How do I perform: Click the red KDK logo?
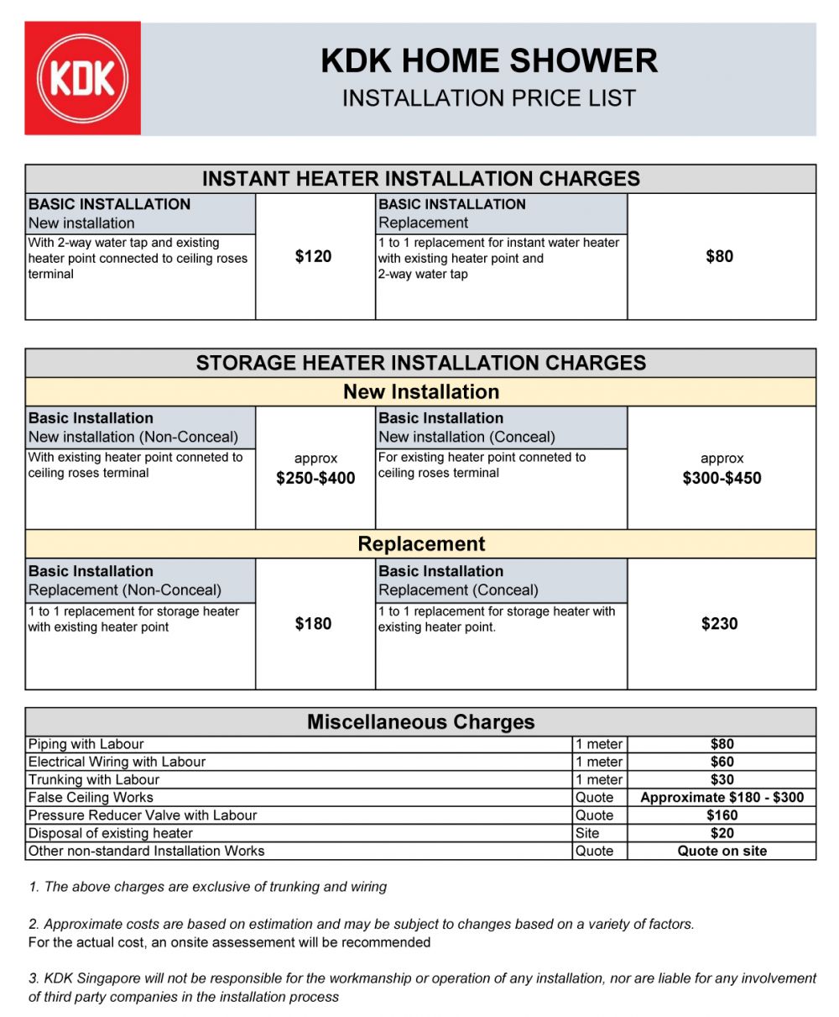pos(82,78)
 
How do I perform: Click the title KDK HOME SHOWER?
pos(488,61)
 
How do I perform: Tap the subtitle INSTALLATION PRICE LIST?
pos(488,98)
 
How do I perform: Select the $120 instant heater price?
pos(313,257)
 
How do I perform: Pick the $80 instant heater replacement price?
pos(719,257)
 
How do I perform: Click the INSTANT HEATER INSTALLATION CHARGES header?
pos(420,179)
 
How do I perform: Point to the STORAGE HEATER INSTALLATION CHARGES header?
pos(420,363)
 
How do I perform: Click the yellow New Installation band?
pos(420,392)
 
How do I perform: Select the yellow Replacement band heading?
pos(420,544)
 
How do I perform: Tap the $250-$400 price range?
pos(315,479)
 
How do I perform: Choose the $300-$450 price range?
pos(722,479)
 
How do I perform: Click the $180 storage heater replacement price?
pos(313,624)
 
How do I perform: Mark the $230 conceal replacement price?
pos(719,624)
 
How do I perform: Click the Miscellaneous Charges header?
pos(420,722)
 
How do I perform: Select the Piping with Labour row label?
pos(86,744)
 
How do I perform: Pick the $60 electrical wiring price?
pos(722,762)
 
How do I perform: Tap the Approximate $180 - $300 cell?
pos(722,798)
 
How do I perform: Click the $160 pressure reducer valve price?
pos(722,815)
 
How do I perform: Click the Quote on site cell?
pos(722,851)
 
